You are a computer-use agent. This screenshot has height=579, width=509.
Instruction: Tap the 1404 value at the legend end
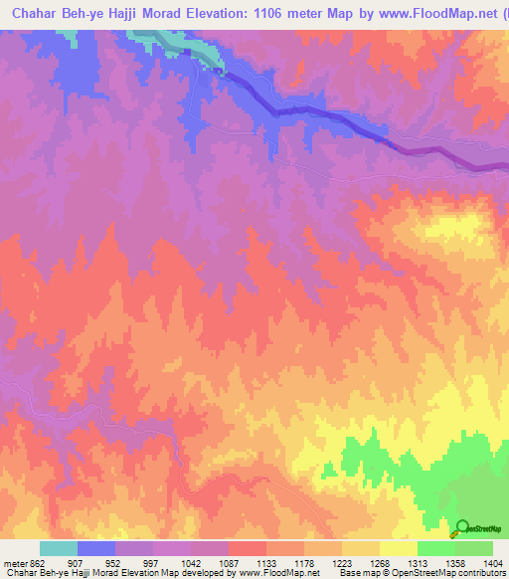pyautogui.click(x=494, y=562)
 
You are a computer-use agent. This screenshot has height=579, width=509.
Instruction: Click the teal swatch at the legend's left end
pyautogui.click(x=59, y=548)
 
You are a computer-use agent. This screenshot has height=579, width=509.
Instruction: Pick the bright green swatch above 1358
pyautogui.click(x=436, y=548)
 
